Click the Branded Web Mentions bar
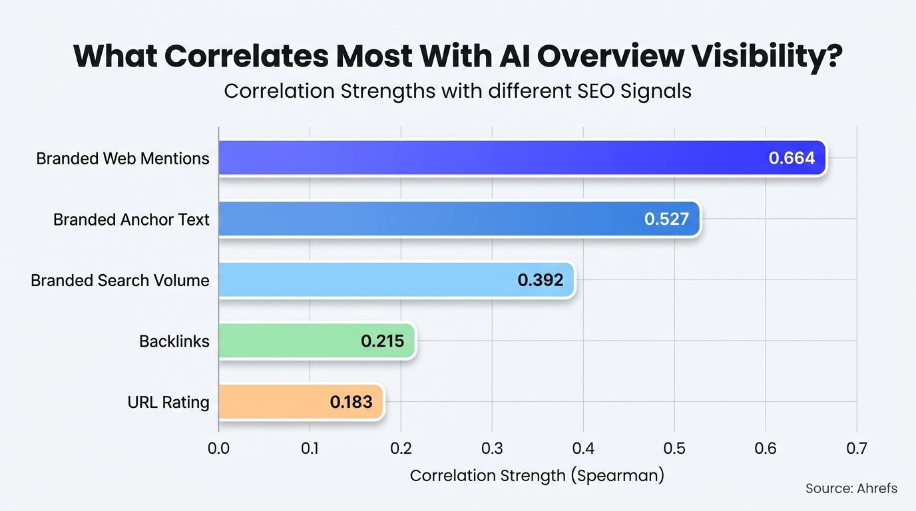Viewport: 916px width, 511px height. click(x=493, y=158)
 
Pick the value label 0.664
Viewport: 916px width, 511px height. click(x=792, y=158)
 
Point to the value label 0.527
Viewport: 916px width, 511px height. click(x=666, y=219)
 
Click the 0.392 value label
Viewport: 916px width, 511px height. click(x=540, y=280)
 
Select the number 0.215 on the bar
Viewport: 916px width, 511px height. click(x=382, y=341)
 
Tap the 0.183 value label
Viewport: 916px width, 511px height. click(x=351, y=402)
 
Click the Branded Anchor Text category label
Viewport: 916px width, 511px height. click(x=131, y=220)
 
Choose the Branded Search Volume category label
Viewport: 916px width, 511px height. click(x=120, y=280)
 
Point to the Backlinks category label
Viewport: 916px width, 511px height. click(x=174, y=341)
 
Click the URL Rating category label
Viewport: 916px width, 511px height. click(x=168, y=403)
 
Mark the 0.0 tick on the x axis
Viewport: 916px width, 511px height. click(x=218, y=448)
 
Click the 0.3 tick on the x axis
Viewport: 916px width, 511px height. click(x=492, y=448)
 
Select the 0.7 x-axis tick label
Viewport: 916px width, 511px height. click(x=856, y=448)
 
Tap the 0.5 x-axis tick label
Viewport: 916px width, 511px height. click(x=674, y=448)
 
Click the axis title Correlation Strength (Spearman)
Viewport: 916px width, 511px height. click(x=537, y=476)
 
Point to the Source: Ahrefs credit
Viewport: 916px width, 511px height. click(x=851, y=488)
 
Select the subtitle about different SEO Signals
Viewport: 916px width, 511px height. click(x=457, y=90)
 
